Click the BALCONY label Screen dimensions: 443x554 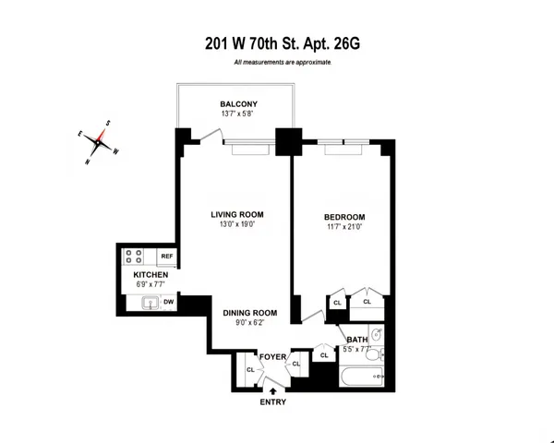point(238,102)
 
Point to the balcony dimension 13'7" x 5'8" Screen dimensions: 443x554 point(238,114)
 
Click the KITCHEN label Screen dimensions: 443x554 point(151,275)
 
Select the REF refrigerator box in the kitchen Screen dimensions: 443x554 point(167,256)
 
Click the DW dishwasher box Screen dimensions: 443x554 point(169,301)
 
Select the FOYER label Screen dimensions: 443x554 point(272,354)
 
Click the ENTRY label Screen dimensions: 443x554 point(273,401)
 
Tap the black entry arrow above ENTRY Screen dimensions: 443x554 point(273,390)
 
